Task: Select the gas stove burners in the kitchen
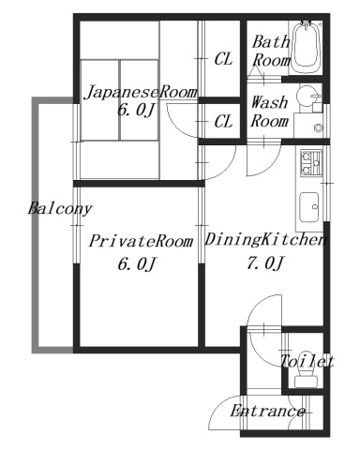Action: (x=309, y=164)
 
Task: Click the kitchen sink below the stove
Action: (x=309, y=203)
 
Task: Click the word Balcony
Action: (x=58, y=208)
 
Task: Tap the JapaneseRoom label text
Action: (x=141, y=92)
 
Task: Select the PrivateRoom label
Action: (x=141, y=241)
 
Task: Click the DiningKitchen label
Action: (x=264, y=240)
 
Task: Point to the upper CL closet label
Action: (x=223, y=59)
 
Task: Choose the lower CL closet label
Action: (x=223, y=121)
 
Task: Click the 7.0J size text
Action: (x=264, y=263)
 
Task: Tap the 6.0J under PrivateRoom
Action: (x=135, y=263)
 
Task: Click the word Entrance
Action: (x=267, y=412)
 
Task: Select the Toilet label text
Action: (x=307, y=362)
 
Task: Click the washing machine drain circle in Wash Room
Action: (x=319, y=127)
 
